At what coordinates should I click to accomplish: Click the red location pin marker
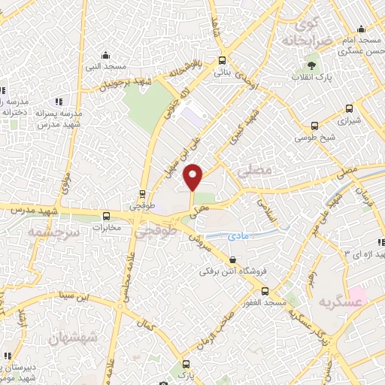tap(194, 176)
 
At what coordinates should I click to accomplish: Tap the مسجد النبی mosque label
tap(106, 66)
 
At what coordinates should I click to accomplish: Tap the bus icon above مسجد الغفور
tap(265, 291)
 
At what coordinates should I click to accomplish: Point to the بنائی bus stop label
tap(222, 73)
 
